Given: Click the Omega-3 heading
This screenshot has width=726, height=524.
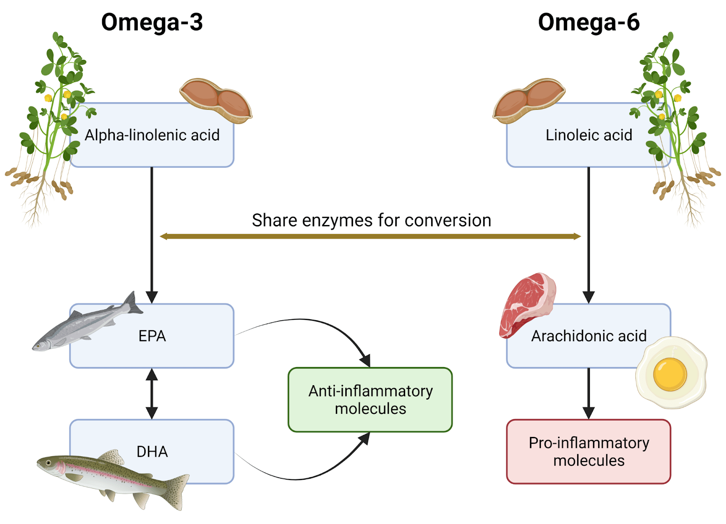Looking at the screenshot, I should pos(152,22).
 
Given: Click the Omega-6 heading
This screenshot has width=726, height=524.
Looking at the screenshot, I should pos(589,22).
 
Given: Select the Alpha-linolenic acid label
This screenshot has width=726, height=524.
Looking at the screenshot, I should pos(152,135).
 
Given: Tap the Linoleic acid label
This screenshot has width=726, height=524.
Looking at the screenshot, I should pos(589,135).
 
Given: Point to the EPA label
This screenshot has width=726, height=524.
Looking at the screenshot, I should pos(152,336).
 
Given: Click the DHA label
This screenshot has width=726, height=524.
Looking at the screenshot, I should pos(152,452).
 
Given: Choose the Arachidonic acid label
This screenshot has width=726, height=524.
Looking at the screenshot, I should pos(589,336).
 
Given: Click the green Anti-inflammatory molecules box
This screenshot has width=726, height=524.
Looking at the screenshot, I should pos(370,400).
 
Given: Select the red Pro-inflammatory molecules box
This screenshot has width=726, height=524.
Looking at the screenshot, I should pos(589,452).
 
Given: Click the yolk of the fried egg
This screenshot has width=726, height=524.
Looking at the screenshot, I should pos(670,374).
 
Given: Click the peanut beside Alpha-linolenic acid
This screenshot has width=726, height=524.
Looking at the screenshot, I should pos(216,100).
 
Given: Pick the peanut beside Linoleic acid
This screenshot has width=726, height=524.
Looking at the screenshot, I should pos(529,100).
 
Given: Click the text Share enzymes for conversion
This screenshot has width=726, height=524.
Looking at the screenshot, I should pos(371,220).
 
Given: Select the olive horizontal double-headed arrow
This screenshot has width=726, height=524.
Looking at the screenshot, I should pos(370,236).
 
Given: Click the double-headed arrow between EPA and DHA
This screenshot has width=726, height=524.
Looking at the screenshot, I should pos(152,393).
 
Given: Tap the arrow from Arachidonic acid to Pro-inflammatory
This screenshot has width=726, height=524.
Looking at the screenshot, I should pos(589,393).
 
